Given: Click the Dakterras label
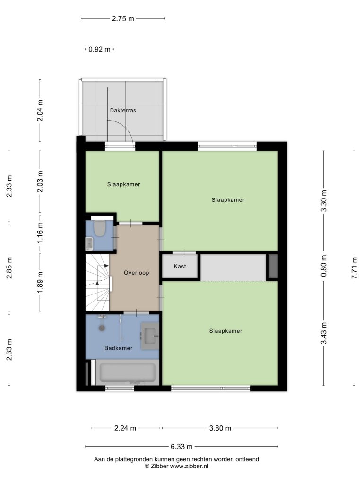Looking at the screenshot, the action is tap(123, 110).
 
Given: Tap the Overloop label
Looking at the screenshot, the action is tap(137, 273).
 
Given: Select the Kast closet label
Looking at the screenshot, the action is tap(180, 266).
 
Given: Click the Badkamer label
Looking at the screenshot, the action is tap(118, 348).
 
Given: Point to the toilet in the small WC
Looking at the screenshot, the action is tap(100, 228).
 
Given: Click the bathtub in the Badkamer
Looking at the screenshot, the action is tap(128, 372).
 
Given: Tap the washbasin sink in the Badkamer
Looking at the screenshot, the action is tap(150, 336).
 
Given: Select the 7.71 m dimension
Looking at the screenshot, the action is tap(354, 268).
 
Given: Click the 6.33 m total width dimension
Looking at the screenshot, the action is tap(181, 446).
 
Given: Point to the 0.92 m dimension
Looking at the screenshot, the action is tap(99, 49).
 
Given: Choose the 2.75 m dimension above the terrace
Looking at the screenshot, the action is tap(123, 18).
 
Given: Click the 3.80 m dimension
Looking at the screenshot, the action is tap(220, 428).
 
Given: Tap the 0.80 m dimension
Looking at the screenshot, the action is tap(323, 266).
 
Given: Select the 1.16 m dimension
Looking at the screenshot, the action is tap(40, 233).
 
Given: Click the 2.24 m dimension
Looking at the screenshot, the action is tap(125, 428).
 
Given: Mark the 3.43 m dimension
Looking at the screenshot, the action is tap(323, 333).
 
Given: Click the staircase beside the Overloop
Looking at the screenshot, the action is tap(97, 283).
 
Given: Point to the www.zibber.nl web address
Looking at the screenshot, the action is tap(189, 466).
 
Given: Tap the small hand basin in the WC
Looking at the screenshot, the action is tap(89, 244).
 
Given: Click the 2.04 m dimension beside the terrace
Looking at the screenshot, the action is tap(40, 111).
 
